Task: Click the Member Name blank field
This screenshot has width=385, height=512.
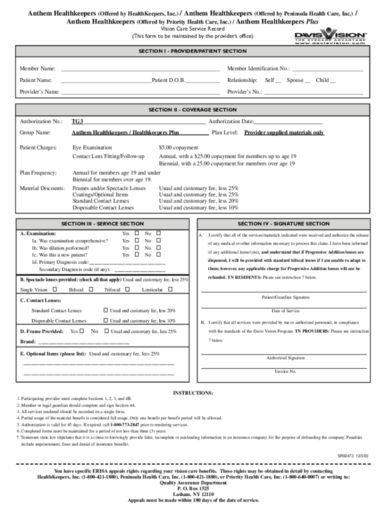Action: (140, 68)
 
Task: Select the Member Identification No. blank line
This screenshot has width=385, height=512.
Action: (327, 68)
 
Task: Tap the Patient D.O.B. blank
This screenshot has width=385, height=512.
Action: (202, 80)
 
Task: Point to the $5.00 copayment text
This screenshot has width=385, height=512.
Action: (178, 148)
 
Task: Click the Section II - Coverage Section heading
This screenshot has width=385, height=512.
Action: (192, 110)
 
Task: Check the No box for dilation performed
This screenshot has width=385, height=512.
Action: (159, 247)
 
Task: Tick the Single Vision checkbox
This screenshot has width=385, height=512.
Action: (54, 289)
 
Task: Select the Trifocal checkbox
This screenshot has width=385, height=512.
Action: (127, 289)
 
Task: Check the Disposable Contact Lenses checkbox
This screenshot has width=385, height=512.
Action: (105, 320)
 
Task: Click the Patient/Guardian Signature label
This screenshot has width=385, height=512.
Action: (285, 297)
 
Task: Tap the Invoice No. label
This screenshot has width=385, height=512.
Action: (285, 371)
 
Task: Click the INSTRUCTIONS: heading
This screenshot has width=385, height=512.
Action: (193, 393)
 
